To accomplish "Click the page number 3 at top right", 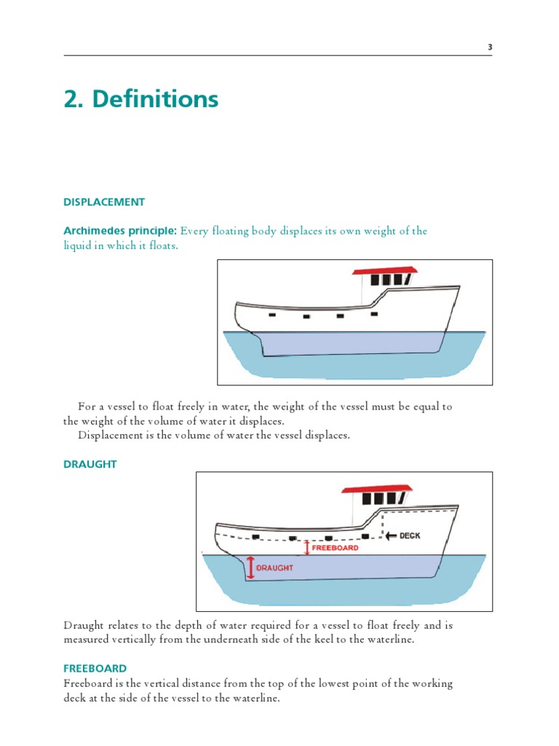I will click(x=490, y=47).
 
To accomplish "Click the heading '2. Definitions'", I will click(x=141, y=98).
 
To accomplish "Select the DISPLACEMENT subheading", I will click(x=104, y=202).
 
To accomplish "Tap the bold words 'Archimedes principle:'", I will click(x=120, y=231).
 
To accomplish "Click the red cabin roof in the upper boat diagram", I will click(x=385, y=270).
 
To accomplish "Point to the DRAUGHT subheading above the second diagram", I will click(x=90, y=464).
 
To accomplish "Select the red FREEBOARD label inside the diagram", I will click(x=335, y=547).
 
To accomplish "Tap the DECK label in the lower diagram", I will click(x=410, y=535).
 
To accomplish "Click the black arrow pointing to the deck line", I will click(x=391, y=535).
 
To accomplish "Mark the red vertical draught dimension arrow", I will click(x=251, y=567).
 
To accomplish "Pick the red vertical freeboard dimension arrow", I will click(x=307, y=547).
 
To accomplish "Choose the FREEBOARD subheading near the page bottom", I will click(x=95, y=668).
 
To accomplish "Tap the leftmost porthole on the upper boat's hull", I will click(x=271, y=315).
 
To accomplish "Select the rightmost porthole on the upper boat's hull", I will click(x=374, y=314).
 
